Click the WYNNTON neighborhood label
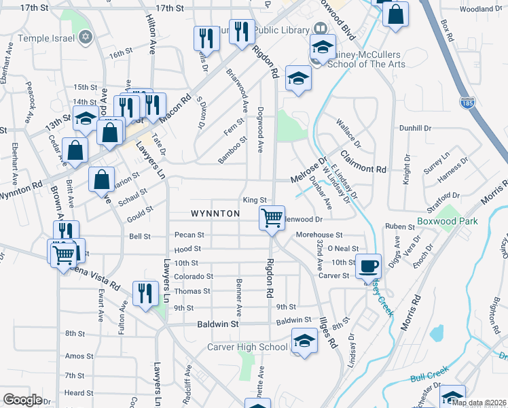(x=215, y=214)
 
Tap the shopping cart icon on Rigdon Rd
(x=272, y=219)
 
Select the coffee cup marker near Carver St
(x=369, y=266)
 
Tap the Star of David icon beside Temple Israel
(x=85, y=35)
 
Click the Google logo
(x=22, y=400)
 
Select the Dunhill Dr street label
(x=416, y=128)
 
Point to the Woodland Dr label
(x=481, y=9)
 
